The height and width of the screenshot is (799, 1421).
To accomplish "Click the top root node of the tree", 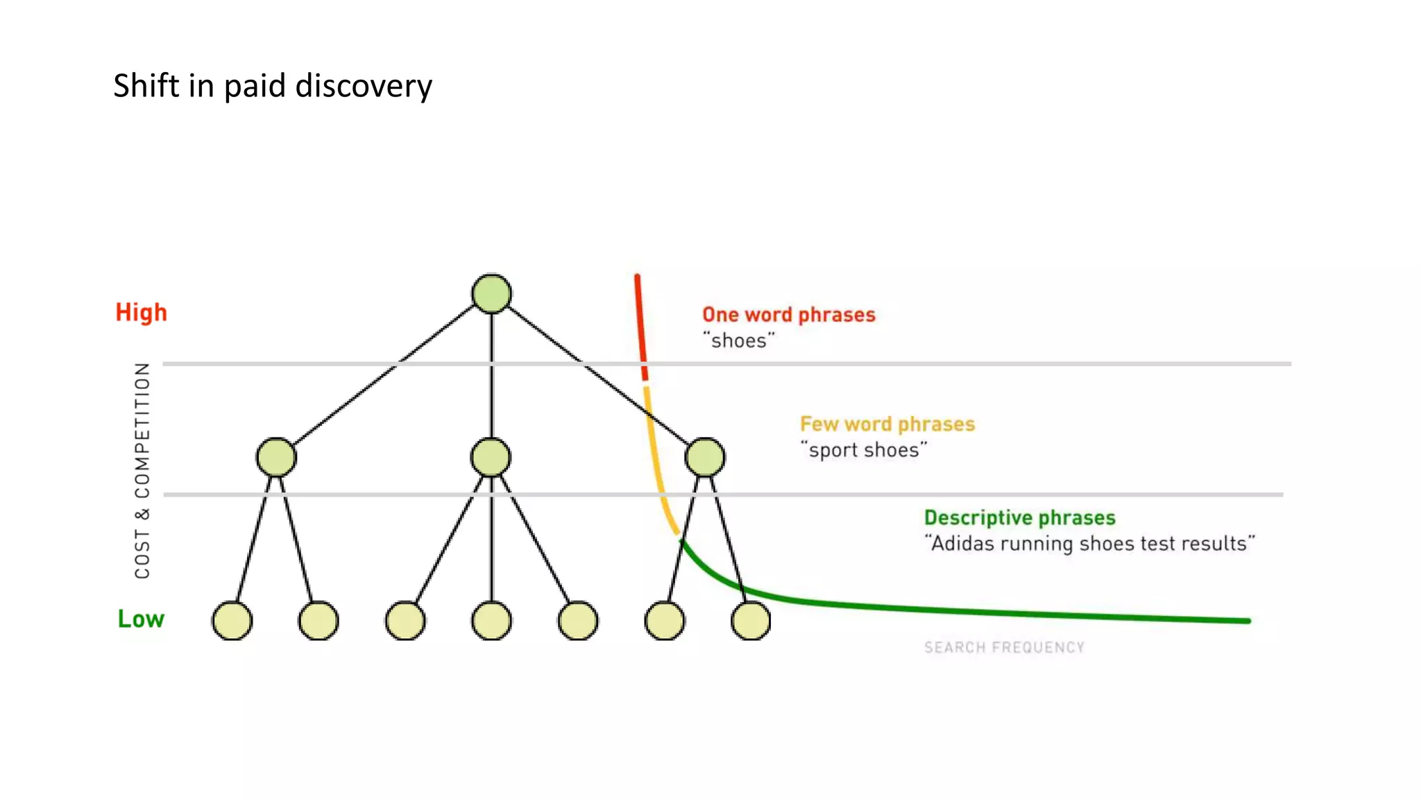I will point(491,293).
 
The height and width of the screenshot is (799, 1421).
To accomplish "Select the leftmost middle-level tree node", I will point(276,457).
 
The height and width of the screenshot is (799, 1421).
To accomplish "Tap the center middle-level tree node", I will point(491,457).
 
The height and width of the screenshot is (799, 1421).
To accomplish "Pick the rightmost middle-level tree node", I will point(705,457).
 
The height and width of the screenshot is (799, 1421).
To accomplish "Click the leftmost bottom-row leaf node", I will point(232,621).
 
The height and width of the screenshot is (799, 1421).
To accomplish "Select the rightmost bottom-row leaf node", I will point(751,621).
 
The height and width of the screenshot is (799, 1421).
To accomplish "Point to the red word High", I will point(141,312).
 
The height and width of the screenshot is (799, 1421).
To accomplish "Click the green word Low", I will point(141,619).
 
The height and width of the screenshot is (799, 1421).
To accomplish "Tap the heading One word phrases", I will point(788,315).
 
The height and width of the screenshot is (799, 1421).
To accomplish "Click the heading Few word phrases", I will point(887,424).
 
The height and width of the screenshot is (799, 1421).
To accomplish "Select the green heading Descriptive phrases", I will point(1019,517).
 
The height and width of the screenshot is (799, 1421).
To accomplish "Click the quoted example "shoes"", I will point(738,341).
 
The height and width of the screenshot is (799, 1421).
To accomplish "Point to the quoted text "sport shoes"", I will point(863,450).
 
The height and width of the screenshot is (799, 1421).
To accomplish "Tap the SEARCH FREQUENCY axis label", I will point(1004,647).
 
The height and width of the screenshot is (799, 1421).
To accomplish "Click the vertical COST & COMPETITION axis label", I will point(142,470).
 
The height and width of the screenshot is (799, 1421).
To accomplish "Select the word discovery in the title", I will point(364,86).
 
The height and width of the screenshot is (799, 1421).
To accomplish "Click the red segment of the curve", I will point(640,326).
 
